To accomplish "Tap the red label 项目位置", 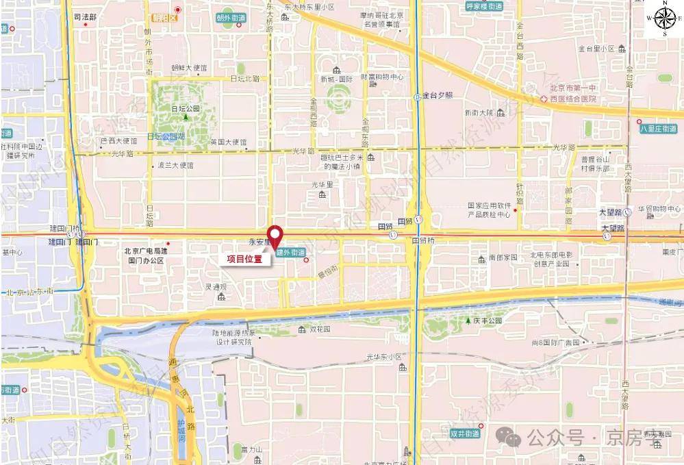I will coord(245,259).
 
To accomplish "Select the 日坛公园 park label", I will coord(185,109).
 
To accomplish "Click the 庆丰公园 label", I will coord(487,320).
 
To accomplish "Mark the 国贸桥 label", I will coord(423,241).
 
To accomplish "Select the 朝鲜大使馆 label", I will coord(189,68).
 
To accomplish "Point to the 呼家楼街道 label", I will coord(484,6).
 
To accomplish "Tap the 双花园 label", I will coord(319,329).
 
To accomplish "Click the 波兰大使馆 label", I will coord(175,165).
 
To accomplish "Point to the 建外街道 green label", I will coord(290,253).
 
